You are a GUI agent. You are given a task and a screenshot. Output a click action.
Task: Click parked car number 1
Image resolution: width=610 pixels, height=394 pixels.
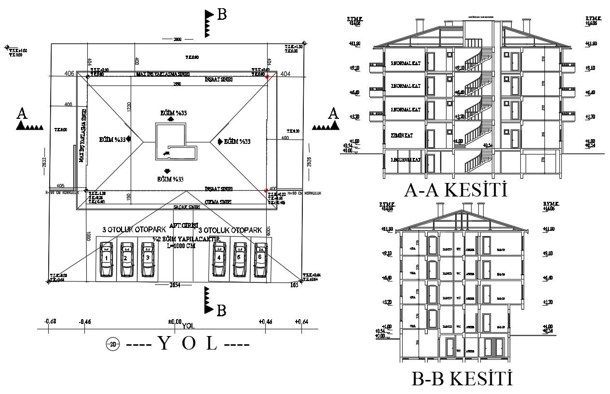106,260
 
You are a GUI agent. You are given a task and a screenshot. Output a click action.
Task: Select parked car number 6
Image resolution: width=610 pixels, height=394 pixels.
260,260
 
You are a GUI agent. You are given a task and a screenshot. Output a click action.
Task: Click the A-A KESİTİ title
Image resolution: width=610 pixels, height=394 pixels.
456,190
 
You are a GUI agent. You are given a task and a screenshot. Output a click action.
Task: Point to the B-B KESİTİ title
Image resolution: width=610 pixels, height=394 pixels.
461,379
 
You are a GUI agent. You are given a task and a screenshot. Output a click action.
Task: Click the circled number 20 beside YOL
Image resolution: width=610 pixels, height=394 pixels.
112,344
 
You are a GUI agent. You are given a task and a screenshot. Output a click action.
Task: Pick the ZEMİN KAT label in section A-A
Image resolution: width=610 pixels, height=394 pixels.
402,136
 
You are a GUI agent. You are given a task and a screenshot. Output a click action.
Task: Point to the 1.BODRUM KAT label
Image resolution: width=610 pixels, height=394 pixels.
406,159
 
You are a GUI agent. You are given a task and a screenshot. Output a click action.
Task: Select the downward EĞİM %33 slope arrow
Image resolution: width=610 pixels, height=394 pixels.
167,171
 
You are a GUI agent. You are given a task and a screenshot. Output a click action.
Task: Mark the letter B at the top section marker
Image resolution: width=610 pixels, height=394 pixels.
221,15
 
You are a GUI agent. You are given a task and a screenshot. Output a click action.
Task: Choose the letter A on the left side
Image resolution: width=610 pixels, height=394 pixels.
22,114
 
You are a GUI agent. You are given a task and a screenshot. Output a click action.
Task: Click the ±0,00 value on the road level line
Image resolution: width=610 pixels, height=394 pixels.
174,322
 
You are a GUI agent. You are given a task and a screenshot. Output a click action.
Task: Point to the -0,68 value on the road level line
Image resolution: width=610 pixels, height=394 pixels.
50,322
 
